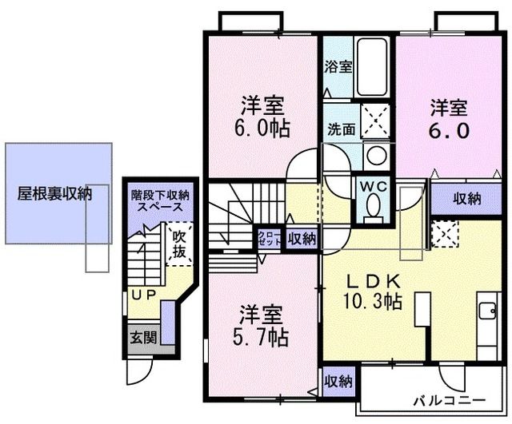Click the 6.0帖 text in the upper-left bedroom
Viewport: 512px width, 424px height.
[x=264, y=128]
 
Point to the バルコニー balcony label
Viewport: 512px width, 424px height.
[x=450, y=398]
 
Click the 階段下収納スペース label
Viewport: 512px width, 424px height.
[x=159, y=200]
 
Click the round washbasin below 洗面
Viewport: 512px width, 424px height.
[x=374, y=154]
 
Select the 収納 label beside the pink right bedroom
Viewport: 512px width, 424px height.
[x=466, y=198]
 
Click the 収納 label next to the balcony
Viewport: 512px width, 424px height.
[x=338, y=382]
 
